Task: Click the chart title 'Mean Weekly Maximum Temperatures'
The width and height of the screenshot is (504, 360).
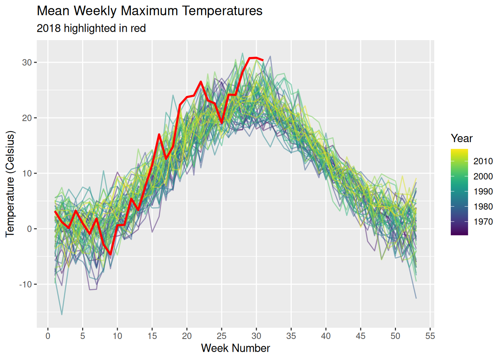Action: click(x=150, y=11)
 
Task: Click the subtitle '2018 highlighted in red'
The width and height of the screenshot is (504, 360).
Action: click(x=91, y=28)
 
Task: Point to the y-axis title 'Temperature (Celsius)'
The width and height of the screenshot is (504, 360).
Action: click(x=10, y=184)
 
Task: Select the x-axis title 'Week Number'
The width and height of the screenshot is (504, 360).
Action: click(x=235, y=348)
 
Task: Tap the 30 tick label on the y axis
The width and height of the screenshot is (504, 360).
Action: click(x=27, y=63)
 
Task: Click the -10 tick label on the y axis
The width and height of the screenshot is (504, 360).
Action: click(x=25, y=285)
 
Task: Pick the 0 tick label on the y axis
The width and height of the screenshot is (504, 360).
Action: click(x=30, y=229)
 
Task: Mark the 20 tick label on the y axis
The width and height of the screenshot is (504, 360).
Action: click(x=27, y=118)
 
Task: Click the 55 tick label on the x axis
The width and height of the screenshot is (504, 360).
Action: click(x=430, y=336)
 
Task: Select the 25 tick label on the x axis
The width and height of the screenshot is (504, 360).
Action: click(x=222, y=336)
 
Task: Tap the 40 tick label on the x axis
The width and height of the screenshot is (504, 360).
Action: click(x=326, y=336)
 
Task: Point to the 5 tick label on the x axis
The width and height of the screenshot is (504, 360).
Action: click(x=82, y=336)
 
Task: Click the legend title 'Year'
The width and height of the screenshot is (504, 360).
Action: click(x=462, y=138)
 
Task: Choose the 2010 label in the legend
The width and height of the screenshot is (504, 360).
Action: click(x=483, y=161)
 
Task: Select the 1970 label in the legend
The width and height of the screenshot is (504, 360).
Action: click(x=483, y=222)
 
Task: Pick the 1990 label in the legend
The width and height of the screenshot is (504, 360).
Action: click(x=483, y=192)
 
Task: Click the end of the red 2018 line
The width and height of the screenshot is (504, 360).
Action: click(x=263, y=60)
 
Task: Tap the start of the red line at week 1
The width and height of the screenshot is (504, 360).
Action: click(x=55, y=211)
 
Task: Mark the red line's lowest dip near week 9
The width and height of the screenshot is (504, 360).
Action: click(x=111, y=254)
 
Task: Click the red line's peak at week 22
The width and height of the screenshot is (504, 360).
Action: click(x=201, y=82)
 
